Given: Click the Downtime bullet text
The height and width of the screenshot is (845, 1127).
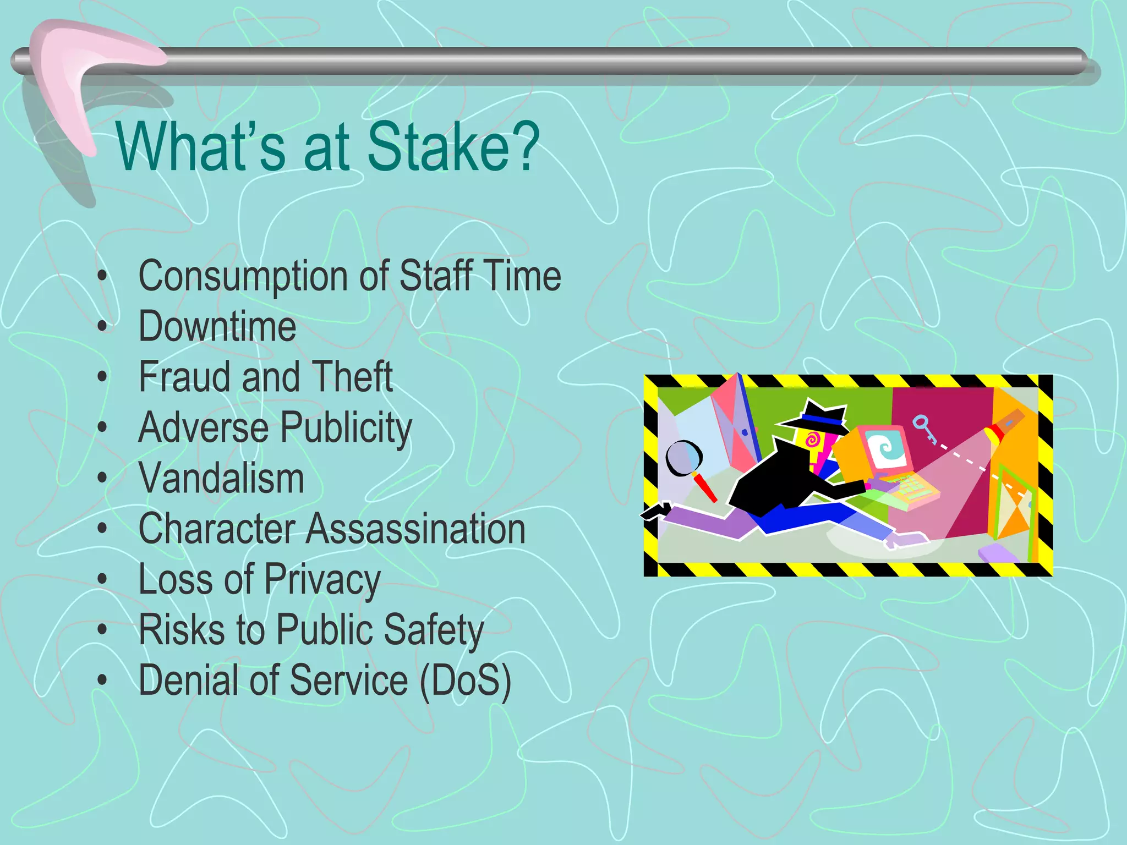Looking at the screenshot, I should tap(217, 326).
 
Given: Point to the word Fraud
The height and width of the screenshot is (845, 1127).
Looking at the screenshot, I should tap(184, 377).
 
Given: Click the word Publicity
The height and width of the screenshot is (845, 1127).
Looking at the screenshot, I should tap(347, 429).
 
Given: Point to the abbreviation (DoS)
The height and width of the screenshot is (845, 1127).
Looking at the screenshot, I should tap(466, 681).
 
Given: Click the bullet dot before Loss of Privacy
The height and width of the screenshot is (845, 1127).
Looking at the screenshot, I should tap(102, 579).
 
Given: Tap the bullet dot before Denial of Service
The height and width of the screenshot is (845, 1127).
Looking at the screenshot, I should tap(102, 680).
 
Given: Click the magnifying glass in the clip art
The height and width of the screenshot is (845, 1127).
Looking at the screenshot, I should tap(684, 458).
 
